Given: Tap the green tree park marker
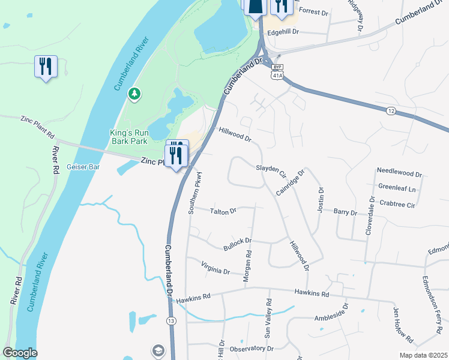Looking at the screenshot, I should pos(134,94).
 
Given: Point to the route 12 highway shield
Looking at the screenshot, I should pos(391,111).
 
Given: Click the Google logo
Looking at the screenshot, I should pos(20,353).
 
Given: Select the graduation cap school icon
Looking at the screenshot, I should pos(158,350).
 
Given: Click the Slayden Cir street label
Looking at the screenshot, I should pos(271,170).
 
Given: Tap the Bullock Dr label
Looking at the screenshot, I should pos(237,242).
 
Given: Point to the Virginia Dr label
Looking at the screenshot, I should pos(215,268).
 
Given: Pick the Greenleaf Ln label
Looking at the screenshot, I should pos(397,188).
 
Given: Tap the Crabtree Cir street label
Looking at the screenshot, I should pos(397,205).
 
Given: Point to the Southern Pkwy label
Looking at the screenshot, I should pos(193,194).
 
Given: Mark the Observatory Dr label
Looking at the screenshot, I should pos(252,349).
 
